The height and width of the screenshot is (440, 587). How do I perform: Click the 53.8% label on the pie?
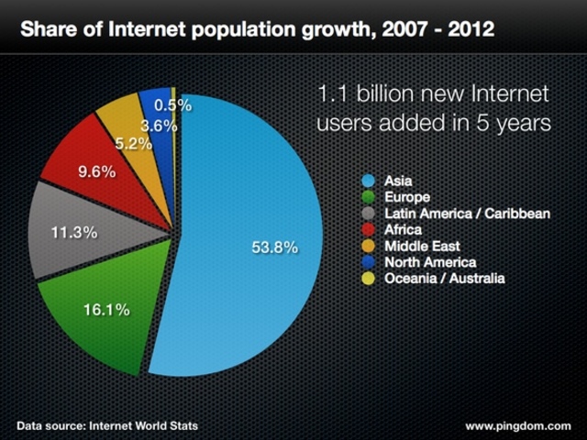click(274, 247)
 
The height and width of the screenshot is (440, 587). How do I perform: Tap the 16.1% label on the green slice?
click(105, 310)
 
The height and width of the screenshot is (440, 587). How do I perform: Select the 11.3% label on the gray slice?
click(73, 232)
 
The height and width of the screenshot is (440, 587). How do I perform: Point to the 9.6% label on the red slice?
click(95, 171)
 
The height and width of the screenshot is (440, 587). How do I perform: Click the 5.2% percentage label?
click(133, 143)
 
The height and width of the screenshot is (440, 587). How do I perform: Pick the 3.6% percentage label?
click(159, 126)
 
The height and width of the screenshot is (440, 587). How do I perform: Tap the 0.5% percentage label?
click(172, 105)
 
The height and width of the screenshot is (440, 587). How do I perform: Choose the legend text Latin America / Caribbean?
click(467, 214)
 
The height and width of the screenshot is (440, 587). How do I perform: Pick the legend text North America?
click(430, 262)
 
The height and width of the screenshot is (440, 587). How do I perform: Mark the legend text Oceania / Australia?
click(445, 279)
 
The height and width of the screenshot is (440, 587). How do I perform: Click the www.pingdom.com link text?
click(518, 426)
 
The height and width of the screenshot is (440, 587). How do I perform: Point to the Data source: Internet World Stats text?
click(106, 426)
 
